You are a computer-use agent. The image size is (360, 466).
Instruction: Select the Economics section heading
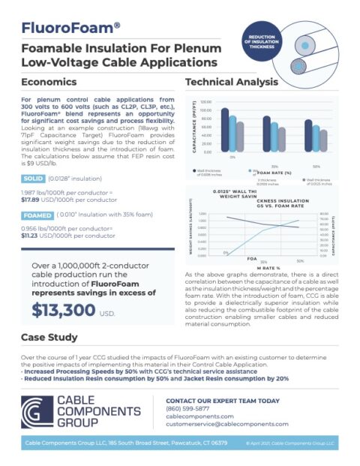coord(50,81)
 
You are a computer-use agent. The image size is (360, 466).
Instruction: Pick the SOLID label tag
coord(33,179)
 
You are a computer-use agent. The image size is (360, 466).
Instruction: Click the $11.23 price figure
coord(34,236)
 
